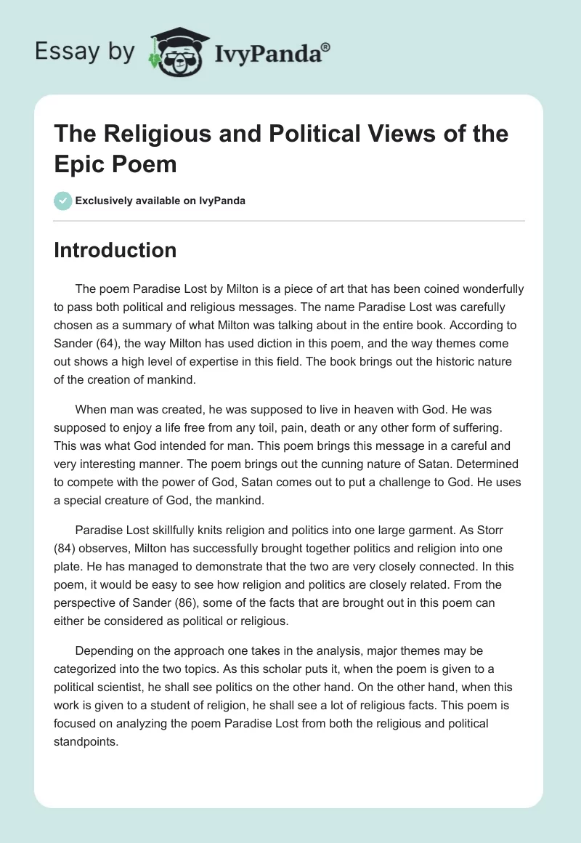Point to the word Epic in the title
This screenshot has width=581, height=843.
[79, 164]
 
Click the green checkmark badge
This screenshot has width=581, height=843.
[63, 201]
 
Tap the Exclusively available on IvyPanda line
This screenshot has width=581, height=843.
[161, 201]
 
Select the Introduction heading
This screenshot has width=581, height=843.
[115, 250]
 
